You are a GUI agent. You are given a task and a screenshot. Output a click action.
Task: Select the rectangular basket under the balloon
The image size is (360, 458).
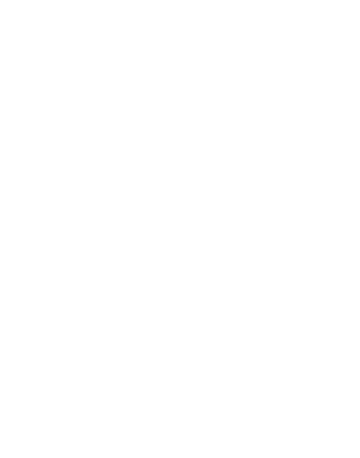tap(183, 382)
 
